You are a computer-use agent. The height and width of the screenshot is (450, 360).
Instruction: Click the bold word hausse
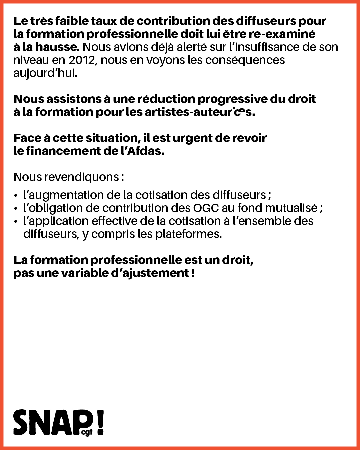(57, 47)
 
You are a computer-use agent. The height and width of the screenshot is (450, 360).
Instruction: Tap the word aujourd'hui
(45, 73)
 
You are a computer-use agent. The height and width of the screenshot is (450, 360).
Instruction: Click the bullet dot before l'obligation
(16, 209)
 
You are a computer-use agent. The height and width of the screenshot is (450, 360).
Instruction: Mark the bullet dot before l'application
(16, 222)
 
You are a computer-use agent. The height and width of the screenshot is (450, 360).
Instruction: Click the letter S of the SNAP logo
(22, 422)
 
